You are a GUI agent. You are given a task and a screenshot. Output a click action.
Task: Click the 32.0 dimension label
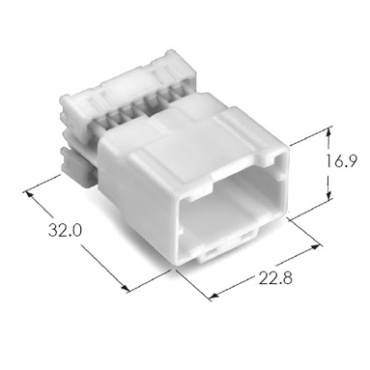pyautogui.click(x=65, y=231)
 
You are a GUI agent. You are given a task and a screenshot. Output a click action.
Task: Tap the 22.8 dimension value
pyautogui.click(x=275, y=278)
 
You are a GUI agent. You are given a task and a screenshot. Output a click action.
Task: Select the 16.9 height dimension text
pyautogui.click(x=341, y=161)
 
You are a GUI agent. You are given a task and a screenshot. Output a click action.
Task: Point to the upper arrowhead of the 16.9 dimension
pyautogui.click(x=328, y=132)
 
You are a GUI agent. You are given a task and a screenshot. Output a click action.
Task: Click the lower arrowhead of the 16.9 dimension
pyautogui.click(x=328, y=195)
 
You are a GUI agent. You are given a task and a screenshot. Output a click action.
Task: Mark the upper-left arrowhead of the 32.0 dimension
pyautogui.click(x=29, y=194)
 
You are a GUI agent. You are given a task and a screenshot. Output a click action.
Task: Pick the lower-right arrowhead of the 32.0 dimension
pyautogui.click(x=126, y=287)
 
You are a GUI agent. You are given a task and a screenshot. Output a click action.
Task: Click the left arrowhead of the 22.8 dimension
pyautogui.click(x=213, y=295)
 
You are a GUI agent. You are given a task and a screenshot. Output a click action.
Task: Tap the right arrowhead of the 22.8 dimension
pyautogui.click(x=315, y=247)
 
